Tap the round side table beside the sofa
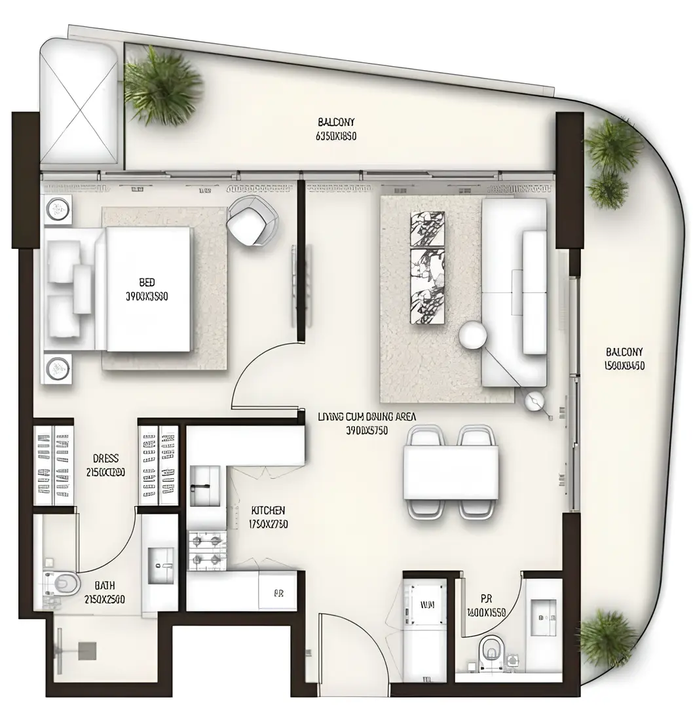point(472,335)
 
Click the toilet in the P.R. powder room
point(491,651)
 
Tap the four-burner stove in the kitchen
point(206,550)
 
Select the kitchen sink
point(206,485)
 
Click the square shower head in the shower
point(86,650)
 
